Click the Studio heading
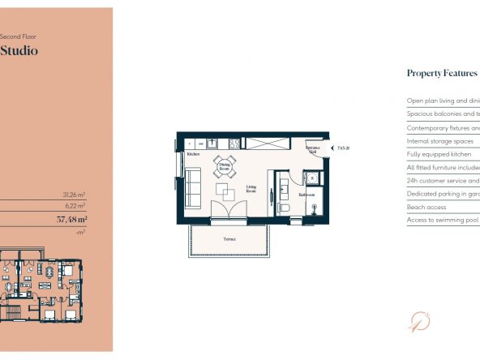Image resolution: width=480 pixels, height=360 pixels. pyautogui.click(x=19, y=51)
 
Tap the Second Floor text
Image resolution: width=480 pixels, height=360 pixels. pyautogui.click(x=19, y=36)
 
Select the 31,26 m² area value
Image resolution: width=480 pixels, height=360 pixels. pyautogui.click(x=75, y=195)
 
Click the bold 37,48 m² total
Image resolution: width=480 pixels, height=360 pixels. pyautogui.click(x=72, y=219)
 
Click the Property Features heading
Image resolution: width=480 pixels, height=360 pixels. pyautogui.click(x=441, y=74)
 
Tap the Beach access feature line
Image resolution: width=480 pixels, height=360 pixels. pyautogui.click(x=427, y=207)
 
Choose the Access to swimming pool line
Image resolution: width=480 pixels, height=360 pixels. pyautogui.click(x=443, y=220)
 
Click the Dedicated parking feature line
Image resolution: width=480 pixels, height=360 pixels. pyautogui.click(x=443, y=194)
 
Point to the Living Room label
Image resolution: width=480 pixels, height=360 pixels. pyautogui.click(x=252, y=190)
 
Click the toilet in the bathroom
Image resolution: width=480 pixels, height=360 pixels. pyautogui.click(x=283, y=208)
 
